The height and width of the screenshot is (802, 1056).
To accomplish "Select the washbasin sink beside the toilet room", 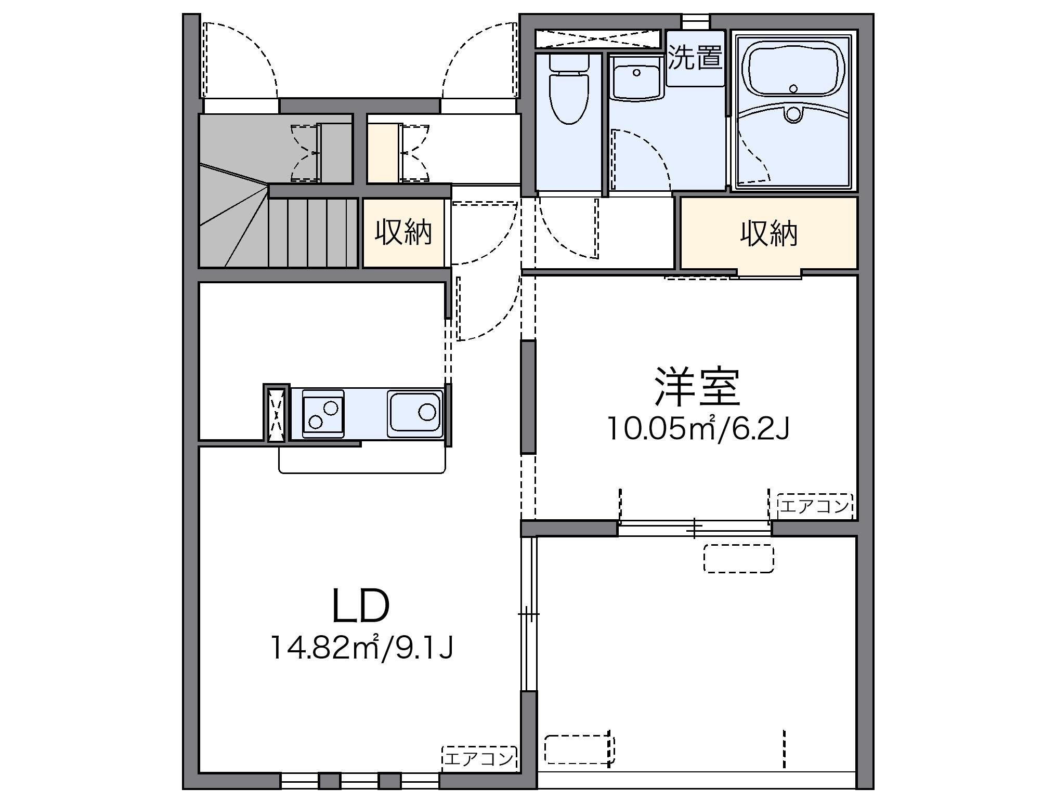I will (636, 78).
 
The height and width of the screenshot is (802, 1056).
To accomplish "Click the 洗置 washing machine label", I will (695, 57).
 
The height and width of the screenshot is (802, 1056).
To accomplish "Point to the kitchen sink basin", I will (415, 412).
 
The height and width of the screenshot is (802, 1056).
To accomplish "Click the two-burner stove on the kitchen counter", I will (323, 414).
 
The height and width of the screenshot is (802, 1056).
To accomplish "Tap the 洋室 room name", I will (697, 387).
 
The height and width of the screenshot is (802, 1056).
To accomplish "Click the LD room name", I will (360, 607).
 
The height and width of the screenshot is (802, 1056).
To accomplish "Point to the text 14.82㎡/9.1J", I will (362, 648).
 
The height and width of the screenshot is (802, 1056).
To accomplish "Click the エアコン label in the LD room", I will (479, 758).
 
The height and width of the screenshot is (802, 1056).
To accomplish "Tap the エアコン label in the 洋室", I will (814, 506).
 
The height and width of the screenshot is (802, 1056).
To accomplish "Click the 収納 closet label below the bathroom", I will (768, 234).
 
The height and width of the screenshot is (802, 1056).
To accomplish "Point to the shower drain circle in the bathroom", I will (793, 114).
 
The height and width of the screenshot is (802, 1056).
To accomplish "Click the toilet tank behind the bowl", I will (569, 63).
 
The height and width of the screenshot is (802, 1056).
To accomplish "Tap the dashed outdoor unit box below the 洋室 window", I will (738, 559).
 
